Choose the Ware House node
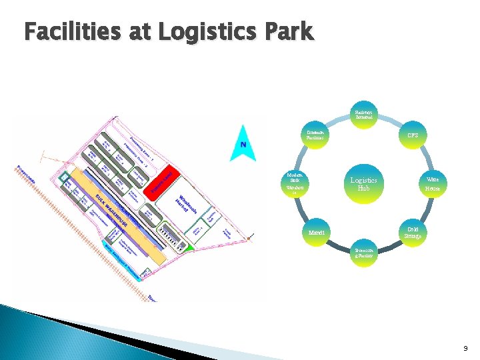tap(433, 183)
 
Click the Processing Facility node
tap(363, 254)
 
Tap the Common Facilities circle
tap(315, 135)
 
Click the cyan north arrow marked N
tap(243, 145)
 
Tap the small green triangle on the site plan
tap(189, 247)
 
